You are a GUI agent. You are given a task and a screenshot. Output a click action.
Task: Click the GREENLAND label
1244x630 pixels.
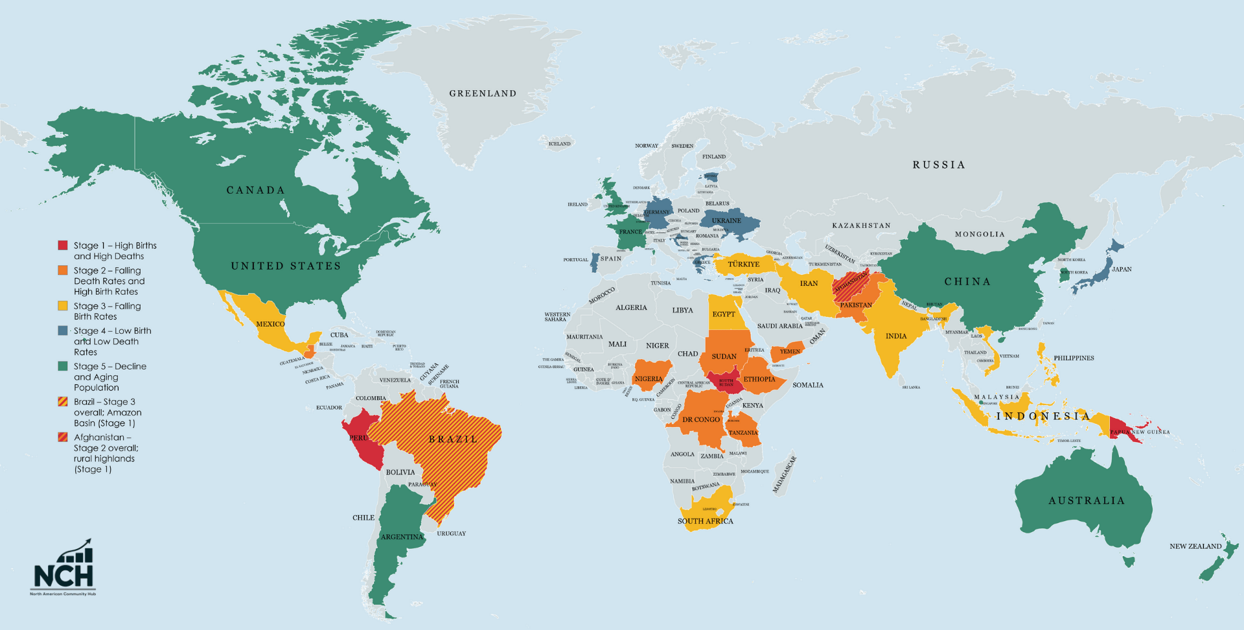point(483,93)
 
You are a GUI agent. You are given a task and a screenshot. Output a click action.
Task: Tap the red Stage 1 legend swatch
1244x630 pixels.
point(63,245)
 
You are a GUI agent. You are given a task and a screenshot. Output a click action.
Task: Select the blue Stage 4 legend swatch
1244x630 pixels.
point(63,331)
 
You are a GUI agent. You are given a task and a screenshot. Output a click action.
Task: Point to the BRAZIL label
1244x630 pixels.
point(453,439)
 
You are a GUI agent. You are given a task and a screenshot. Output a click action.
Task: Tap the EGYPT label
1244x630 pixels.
point(724,314)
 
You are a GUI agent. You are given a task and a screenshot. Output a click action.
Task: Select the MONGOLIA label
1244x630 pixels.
point(980,235)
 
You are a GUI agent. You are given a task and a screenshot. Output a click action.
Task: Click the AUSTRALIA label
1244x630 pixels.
point(1087,500)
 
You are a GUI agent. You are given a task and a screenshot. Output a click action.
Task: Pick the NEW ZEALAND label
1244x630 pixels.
point(1195,546)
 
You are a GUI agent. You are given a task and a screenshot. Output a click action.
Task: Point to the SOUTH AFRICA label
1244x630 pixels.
point(705,521)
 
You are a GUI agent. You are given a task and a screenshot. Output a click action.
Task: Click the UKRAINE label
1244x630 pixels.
point(726,221)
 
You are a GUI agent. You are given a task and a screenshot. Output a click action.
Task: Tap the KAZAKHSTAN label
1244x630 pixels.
point(861,226)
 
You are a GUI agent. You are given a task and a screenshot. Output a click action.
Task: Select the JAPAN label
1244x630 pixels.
point(1122,269)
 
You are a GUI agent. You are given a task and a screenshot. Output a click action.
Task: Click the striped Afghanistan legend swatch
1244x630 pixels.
point(63,437)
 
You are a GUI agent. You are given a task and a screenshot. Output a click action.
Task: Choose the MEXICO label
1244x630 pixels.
point(270,324)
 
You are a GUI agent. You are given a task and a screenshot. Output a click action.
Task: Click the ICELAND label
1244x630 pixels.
point(559,144)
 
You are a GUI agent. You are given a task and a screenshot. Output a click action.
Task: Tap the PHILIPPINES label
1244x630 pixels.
point(1074,358)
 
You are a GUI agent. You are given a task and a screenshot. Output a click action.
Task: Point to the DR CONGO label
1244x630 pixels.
point(701,420)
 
